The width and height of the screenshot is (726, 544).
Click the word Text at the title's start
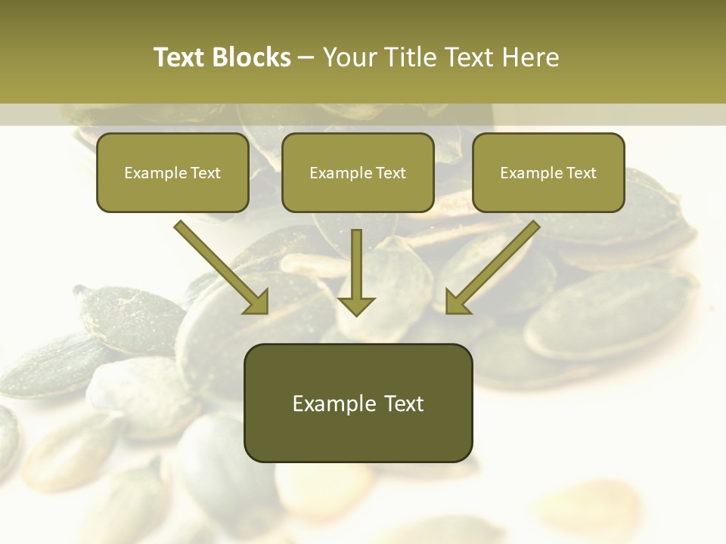tap(182, 57)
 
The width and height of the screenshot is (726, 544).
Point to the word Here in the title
tap(529, 57)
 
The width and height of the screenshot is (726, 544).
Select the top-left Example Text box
tap(172, 172)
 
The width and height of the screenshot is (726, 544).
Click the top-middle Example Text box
tap(358, 172)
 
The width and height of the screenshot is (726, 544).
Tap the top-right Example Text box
tap(548, 172)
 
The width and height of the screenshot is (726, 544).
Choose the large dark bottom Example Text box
tap(358, 403)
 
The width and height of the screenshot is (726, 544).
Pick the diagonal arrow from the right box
tap(492, 267)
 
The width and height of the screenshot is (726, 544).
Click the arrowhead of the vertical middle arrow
tap(356, 305)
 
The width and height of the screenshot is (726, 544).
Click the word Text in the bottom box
tap(405, 403)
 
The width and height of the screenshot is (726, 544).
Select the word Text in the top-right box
tap(581, 173)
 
